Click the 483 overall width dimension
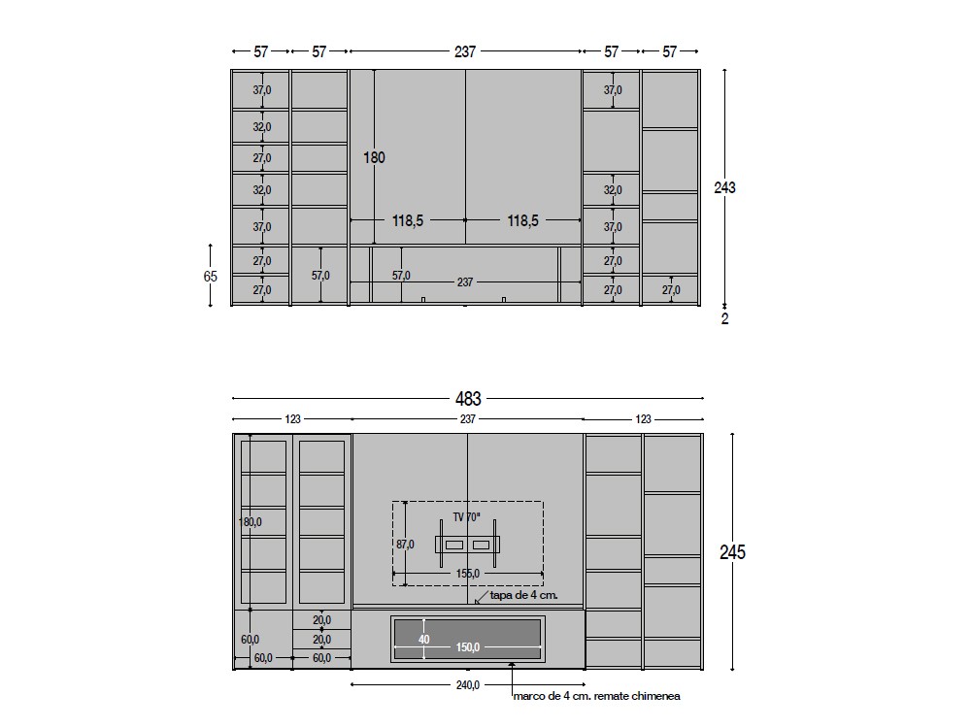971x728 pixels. [468, 399]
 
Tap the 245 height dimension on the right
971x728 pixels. [732, 551]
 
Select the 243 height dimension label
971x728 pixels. [724, 187]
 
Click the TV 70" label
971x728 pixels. [466, 517]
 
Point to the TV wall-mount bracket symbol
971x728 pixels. [468, 545]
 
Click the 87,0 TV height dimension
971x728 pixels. [406, 545]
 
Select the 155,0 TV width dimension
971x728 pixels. [468, 574]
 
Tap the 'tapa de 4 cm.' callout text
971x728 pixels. [524, 596]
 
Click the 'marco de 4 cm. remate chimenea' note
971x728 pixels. [596, 696]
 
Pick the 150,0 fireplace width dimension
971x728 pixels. [468, 647]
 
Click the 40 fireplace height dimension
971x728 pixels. [423, 640]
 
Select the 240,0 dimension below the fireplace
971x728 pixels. [468, 685]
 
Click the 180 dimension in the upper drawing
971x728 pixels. [374, 158]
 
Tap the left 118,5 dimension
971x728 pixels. [408, 220]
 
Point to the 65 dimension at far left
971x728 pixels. [211, 276]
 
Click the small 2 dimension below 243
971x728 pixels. [725, 318]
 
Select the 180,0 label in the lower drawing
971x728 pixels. [251, 522]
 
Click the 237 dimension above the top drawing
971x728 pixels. [465, 51]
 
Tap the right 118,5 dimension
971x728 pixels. [522, 220]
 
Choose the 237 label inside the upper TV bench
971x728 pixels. [465, 282]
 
